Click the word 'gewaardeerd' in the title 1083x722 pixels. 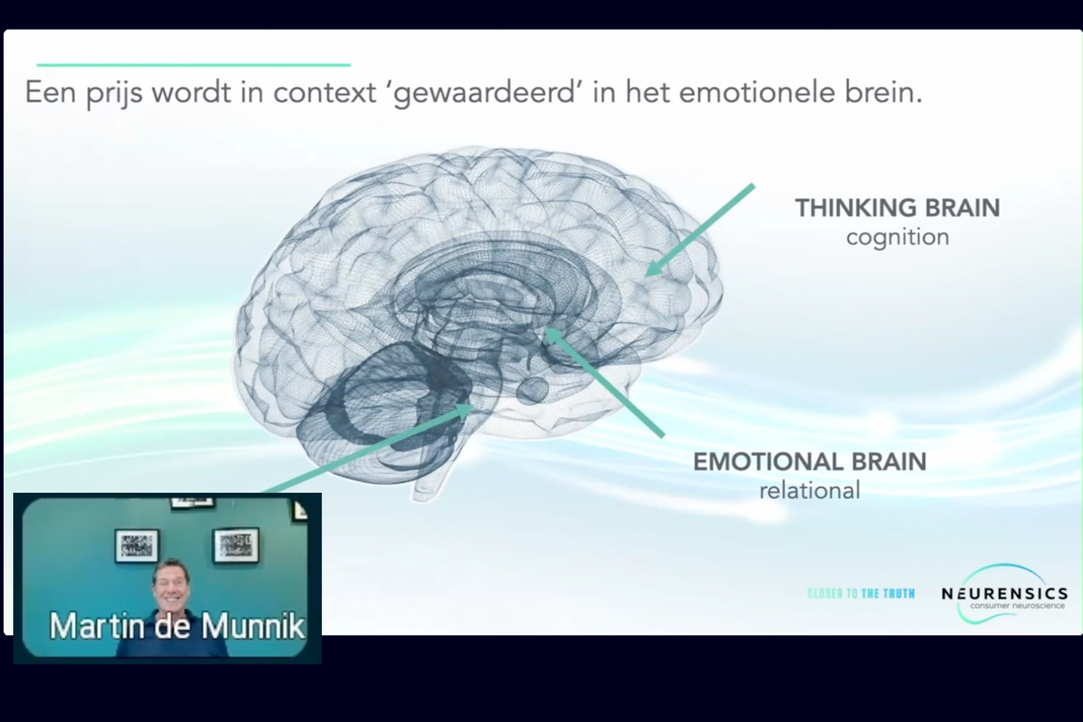click(x=485, y=93)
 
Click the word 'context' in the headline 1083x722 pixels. click(x=325, y=93)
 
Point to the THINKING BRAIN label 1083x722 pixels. click(x=898, y=208)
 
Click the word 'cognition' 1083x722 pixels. click(x=898, y=237)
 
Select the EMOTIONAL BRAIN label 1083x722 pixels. click(x=810, y=461)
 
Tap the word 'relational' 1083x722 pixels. click(x=810, y=490)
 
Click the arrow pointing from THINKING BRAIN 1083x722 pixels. click(x=699, y=230)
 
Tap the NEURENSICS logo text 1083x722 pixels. click(x=1005, y=593)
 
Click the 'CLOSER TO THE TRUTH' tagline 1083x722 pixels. click(x=861, y=594)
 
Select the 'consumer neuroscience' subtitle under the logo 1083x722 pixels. click(x=1017, y=606)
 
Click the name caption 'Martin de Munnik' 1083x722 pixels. click(x=177, y=626)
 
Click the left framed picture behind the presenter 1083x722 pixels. click(x=137, y=545)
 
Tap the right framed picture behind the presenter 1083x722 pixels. click(x=236, y=545)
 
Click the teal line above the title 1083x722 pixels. click(x=194, y=64)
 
